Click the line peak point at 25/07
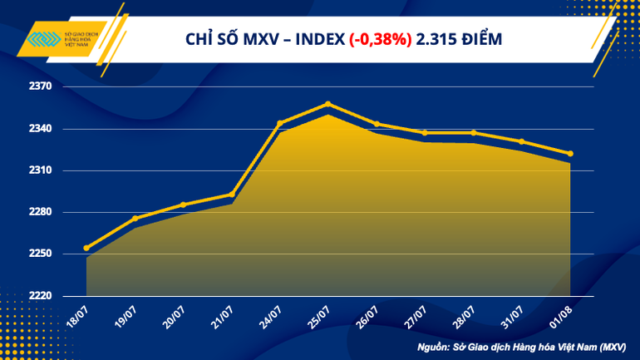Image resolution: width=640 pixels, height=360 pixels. (x=328, y=104)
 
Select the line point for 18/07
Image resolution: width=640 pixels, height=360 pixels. (x=86, y=248)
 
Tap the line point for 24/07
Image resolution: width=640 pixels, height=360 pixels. (x=279, y=123)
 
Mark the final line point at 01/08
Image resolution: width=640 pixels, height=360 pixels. (x=570, y=153)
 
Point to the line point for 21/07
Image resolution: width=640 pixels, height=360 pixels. (x=231, y=195)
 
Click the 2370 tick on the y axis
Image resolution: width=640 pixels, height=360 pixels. (x=41, y=86)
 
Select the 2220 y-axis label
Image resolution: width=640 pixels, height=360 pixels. (x=41, y=296)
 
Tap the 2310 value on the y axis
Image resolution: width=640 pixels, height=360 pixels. (x=41, y=170)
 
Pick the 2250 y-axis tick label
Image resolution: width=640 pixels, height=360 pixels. (x=41, y=254)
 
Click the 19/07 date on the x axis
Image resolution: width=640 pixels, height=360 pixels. (x=127, y=316)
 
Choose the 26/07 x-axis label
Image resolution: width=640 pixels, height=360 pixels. (x=369, y=316)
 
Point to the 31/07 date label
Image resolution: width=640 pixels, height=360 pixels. (x=514, y=316)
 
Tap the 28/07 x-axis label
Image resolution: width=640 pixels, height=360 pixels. (x=465, y=316)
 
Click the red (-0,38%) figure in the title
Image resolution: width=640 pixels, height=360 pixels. (x=379, y=39)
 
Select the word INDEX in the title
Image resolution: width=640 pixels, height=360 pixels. (x=318, y=39)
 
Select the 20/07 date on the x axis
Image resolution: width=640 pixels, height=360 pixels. (x=175, y=316)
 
